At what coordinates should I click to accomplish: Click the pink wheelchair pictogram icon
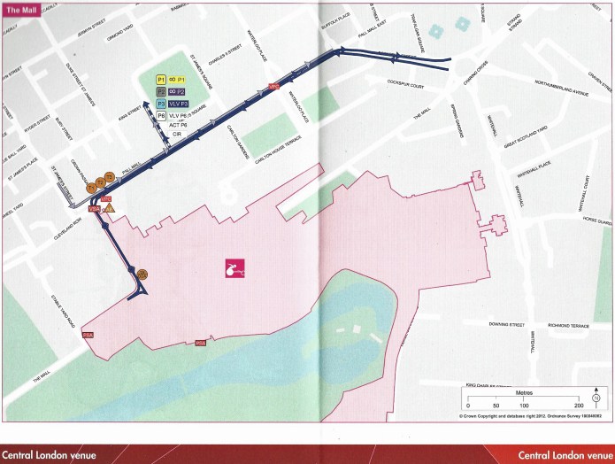232,268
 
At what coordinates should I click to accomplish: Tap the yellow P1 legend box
161,79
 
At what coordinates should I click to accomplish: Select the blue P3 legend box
161,104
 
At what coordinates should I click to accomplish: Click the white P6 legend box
161,115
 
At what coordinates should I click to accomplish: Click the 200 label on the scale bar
578,404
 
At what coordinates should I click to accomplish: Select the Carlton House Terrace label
281,140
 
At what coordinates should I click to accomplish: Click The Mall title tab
19,8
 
